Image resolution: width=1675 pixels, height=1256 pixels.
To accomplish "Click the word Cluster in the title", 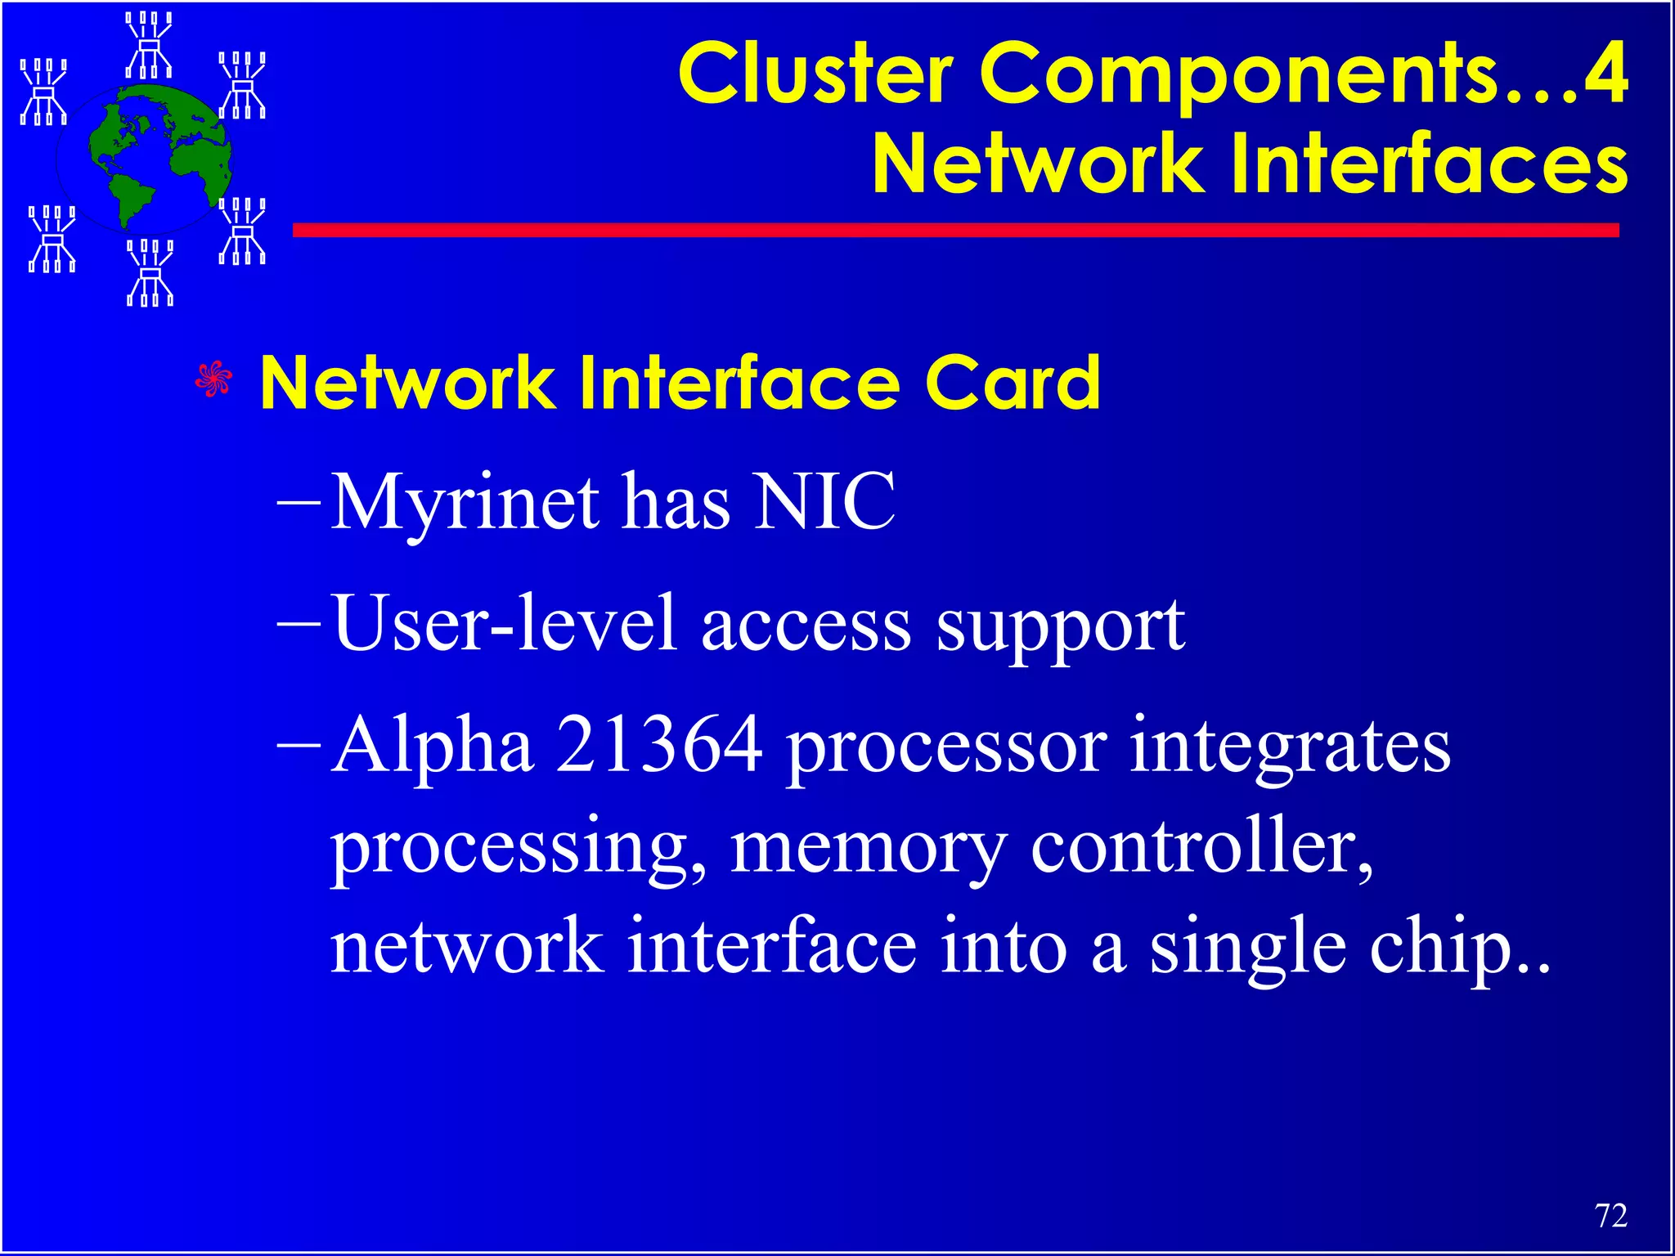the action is [815, 74].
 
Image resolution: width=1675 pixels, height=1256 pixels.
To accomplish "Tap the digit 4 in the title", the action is [1604, 74].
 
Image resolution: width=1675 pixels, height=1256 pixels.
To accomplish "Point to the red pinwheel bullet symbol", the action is [213, 379].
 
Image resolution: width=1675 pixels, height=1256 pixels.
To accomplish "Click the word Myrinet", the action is [465, 502].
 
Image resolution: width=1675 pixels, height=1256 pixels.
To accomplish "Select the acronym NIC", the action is [824, 502].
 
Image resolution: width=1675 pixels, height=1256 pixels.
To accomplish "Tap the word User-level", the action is [505, 625].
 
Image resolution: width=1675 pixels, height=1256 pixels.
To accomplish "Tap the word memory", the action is [868, 850].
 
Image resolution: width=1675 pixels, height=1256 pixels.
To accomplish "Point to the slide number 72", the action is [1610, 1216].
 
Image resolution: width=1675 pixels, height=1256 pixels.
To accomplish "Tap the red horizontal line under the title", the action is [955, 231].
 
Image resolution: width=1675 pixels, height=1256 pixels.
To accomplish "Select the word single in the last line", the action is [1248, 949].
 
